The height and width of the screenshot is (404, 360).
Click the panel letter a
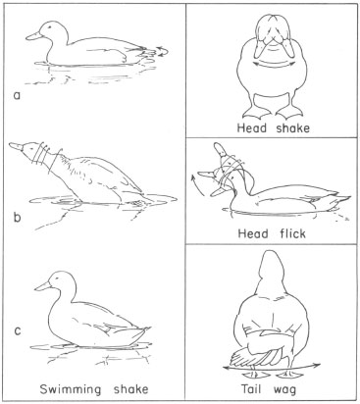[x=17, y=95]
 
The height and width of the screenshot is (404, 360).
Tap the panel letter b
[x=17, y=217]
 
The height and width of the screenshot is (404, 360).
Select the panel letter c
[x=18, y=330]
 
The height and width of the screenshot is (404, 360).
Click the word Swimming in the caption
[x=71, y=390]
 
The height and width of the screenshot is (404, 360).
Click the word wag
[x=284, y=390]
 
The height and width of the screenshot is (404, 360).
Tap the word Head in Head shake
[x=252, y=127]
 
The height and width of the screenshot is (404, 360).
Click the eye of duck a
[x=50, y=27]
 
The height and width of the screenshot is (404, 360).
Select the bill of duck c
[x=42, y=286]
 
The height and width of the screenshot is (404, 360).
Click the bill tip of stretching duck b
[x=10, y=144]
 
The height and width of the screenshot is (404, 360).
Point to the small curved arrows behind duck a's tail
[x=163, y=51]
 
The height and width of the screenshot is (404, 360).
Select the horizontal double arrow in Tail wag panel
[x=272, y=367]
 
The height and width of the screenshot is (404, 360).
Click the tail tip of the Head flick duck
[x=350, y=197]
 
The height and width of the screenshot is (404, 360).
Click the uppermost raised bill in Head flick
[x=219, y=149]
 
